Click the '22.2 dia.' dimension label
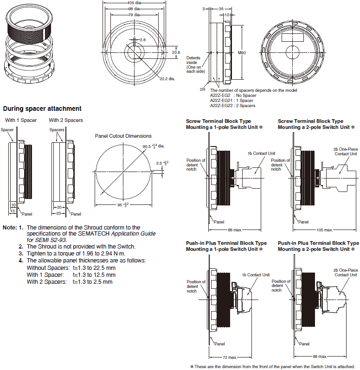167,79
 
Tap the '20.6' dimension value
176,53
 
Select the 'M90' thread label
242,53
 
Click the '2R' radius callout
202,88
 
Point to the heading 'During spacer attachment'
42,108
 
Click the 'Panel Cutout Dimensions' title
123,136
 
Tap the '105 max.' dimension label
324,230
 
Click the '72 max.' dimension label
228,357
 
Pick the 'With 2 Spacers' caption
66,120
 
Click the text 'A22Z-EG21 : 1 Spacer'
231,100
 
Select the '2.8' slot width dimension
142,40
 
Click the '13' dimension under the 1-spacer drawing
13,210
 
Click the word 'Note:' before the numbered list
10,227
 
